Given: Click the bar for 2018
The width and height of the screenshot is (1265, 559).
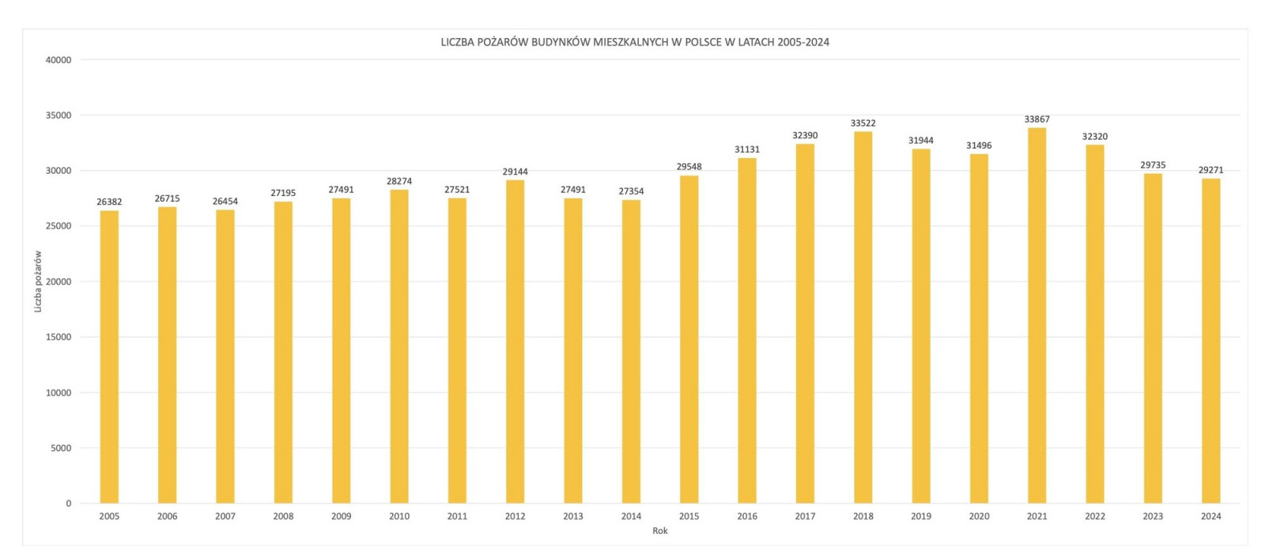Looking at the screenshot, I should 863,316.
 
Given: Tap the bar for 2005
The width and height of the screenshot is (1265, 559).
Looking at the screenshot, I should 109,357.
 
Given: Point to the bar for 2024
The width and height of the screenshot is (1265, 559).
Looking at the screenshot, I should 1210,341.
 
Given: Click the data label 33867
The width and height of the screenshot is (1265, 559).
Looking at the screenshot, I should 1037,119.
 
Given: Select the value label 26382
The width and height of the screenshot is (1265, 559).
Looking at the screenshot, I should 109,202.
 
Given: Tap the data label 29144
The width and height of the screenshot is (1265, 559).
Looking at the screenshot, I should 515,172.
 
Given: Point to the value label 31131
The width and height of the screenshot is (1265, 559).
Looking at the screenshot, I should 746,149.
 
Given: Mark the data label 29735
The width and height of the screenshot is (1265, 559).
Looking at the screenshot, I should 1153,165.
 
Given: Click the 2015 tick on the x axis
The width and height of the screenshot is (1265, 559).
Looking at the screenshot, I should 689,516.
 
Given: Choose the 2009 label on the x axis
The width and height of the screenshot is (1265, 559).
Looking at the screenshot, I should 341,516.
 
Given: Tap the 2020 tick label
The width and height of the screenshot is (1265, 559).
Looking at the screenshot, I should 979,516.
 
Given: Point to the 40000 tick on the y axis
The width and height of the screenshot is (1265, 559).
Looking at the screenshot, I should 59,60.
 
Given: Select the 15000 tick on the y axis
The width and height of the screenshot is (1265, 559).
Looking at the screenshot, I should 59,337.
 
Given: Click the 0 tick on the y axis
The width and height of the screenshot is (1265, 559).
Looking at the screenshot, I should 68,504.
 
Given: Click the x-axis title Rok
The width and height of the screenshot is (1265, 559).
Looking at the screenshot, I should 659,531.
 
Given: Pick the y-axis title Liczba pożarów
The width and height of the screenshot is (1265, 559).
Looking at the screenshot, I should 38,281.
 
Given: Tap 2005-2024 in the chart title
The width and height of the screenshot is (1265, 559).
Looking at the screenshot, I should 802,42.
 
